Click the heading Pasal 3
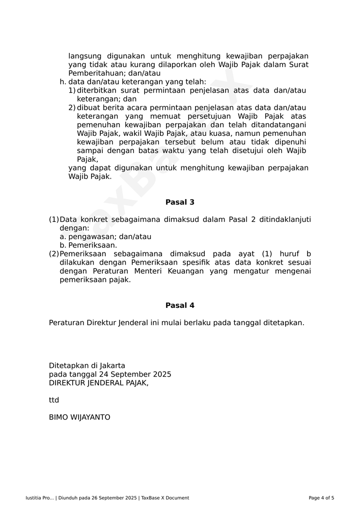click(x=180, y=202)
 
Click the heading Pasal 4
click(x=180, y=305)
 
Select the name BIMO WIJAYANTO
click(x=79, y=417)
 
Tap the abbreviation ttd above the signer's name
click(x=54, y=400)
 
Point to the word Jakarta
click(x=112, y=365)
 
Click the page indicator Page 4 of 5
click(x=321, y=498)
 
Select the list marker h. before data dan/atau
click(x=63, y=81)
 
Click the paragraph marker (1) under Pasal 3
click(x=54, y=219)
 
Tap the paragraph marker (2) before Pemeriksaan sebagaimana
click(x=54, y=254)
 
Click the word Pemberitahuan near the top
click(x=94, y=73)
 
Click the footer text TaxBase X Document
click(x=165, y=498)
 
